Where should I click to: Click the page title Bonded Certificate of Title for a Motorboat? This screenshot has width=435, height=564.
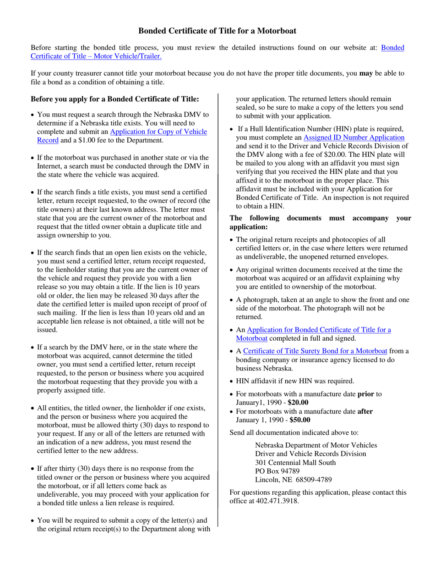[x=217, y=31]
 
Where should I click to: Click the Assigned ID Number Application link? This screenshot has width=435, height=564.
[x=354, y=138]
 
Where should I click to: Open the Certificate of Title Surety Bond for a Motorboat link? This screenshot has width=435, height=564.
[x=315, y=351]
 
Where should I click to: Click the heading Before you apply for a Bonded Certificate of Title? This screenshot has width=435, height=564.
[x=115, y=99]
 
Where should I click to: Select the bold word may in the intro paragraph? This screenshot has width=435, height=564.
[x=366, y=73]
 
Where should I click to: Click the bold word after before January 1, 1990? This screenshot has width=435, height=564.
[x=364, y=411]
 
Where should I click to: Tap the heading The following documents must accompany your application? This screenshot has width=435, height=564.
[x=320, y=222]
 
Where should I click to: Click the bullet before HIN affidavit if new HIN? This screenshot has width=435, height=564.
[x=232, y=381]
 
